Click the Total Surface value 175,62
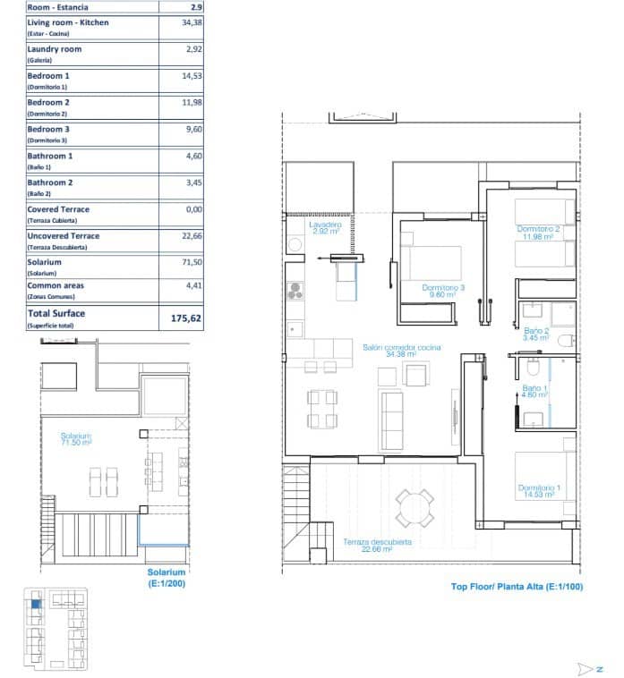coord(180,318)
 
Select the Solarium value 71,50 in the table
coord(180,263)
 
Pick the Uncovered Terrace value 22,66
coord(180,236)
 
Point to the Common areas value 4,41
coord(180,286)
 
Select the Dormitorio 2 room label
coord(538,233)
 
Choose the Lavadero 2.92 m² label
coord(325,228)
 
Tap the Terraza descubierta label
coord(377,546)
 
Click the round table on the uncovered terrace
coord(415,508)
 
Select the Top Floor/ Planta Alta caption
coord(517,587)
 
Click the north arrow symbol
coord(590,667)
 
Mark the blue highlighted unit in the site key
coord(36,605)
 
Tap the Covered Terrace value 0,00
coord(180,209)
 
